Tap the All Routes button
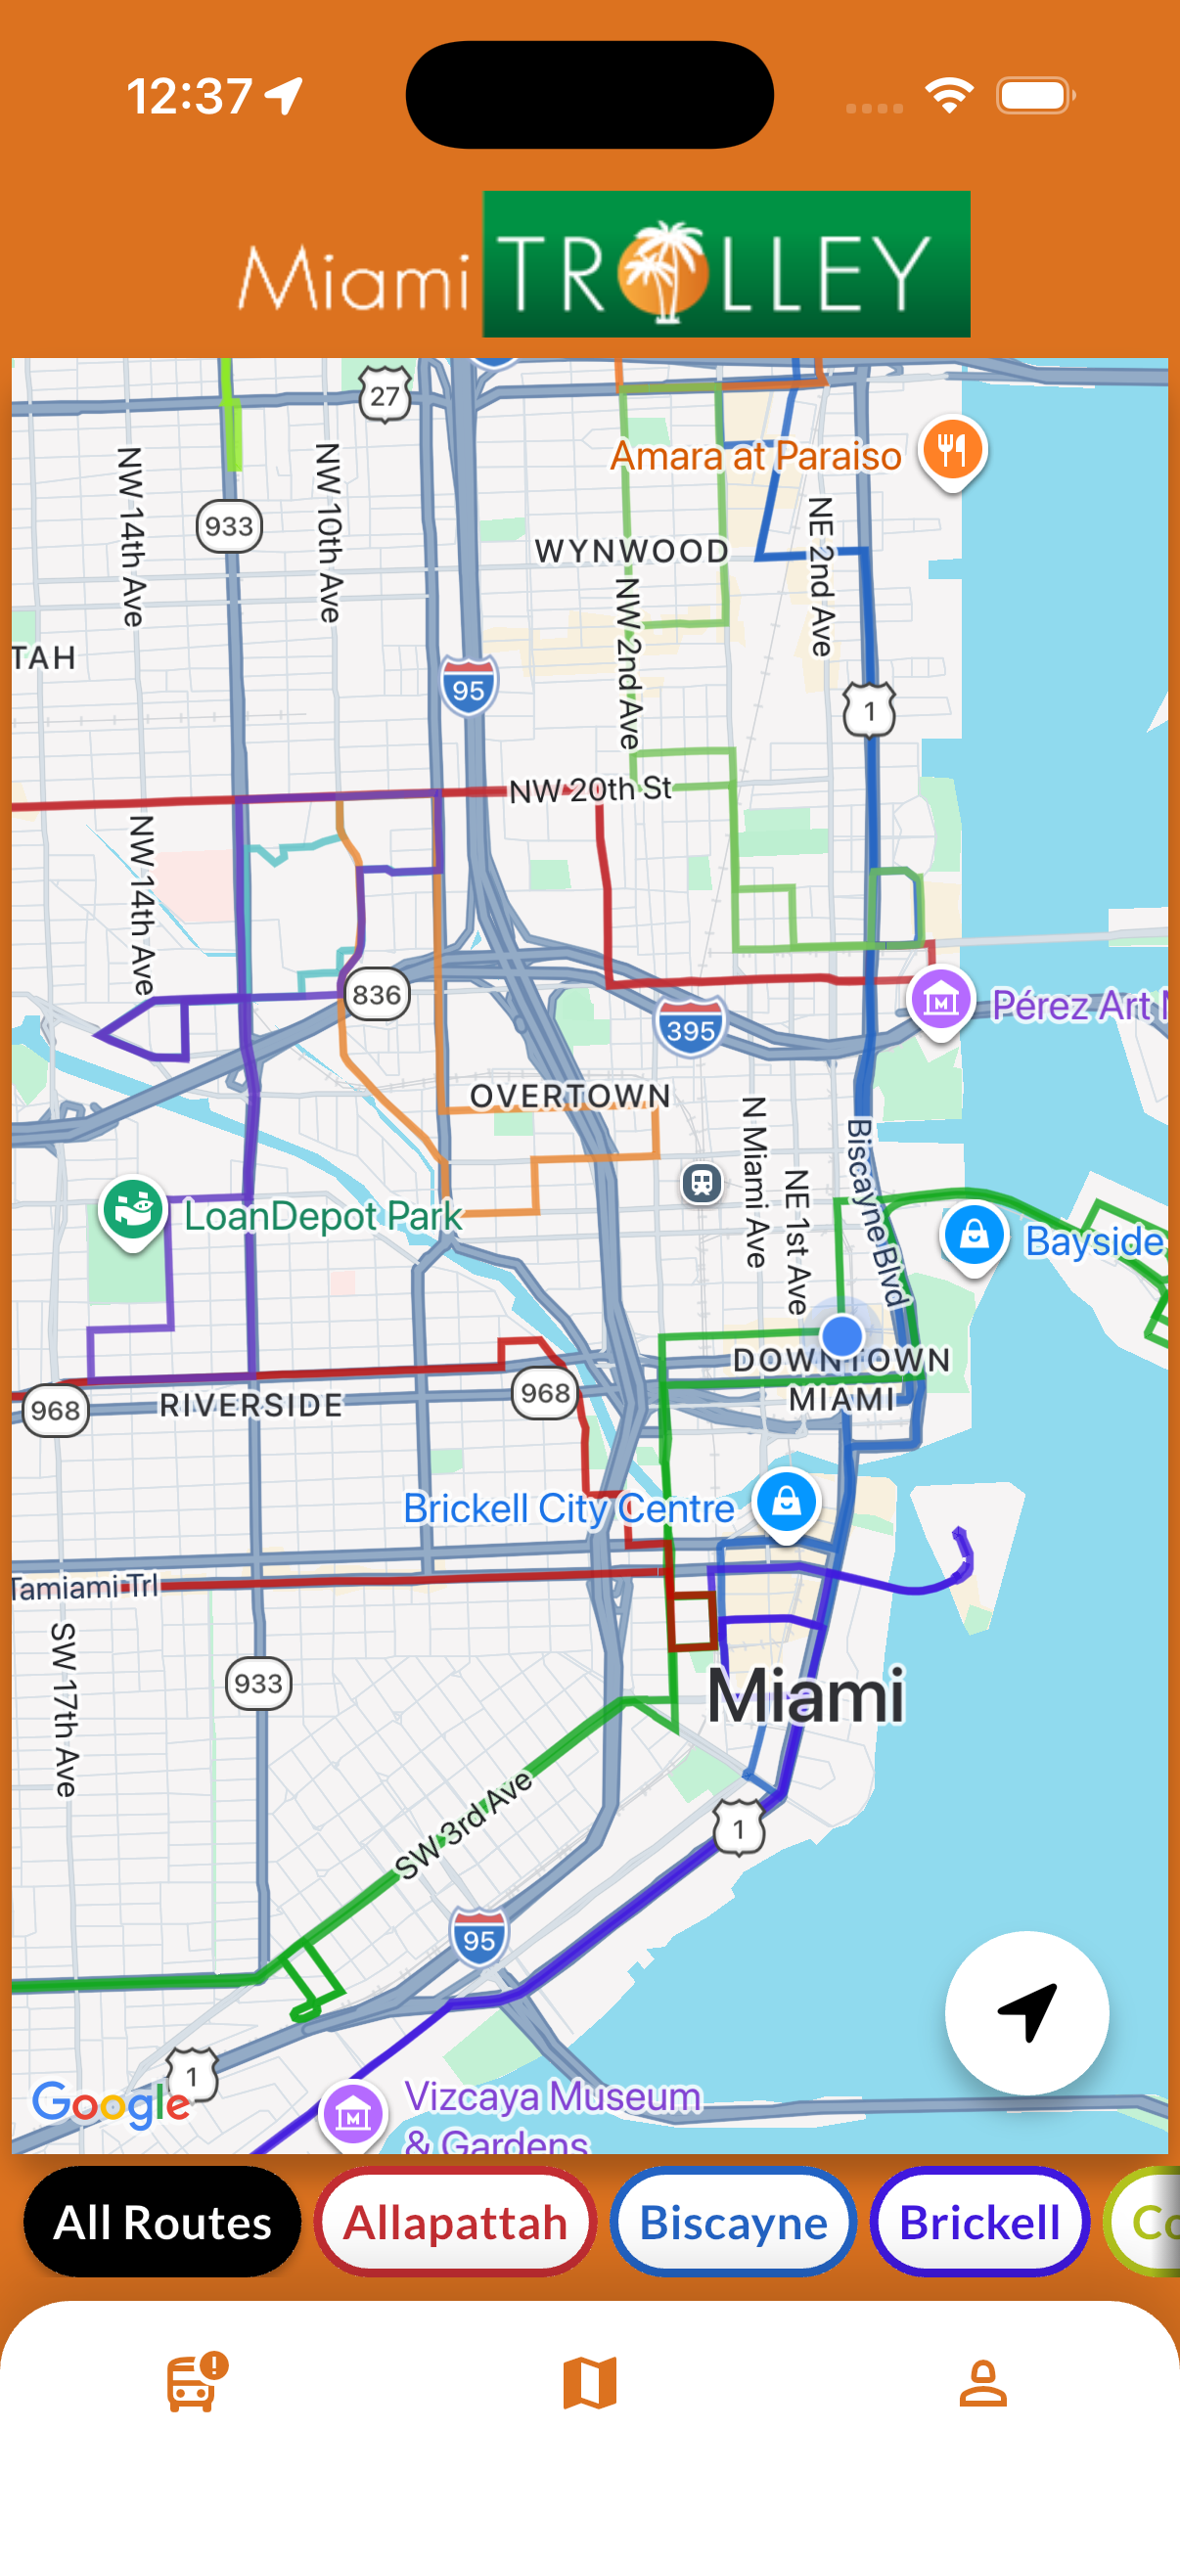(x=162, y=2223)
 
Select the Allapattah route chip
(x=455, y=2223)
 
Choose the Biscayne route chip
(x=733, y=2223)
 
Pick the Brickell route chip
(x=978, y=2223)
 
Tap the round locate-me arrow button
(x=1025, y=2011)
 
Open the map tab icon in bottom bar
(x=589, y=2383)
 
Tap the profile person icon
(x=982, y=2383)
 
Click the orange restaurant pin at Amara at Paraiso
(x=952, y=449)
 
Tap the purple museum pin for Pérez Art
(x=940, y=1000)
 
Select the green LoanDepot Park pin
(x=133, y=1210)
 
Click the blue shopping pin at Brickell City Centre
(x=786, y=1501)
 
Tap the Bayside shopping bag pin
(x=973, y=1235)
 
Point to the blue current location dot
(x=842, y=1334)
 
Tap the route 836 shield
(x=377, y=994)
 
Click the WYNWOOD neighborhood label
(x=631, y=551)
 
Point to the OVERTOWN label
(x=569, y=1096)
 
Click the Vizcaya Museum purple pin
(x=353, y=2113)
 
